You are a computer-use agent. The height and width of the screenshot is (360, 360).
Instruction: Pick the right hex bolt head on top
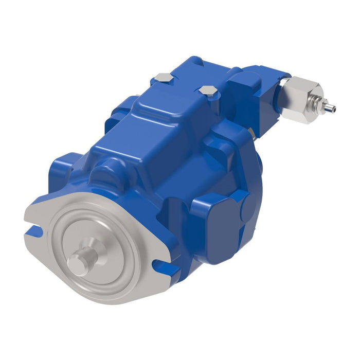207,91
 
